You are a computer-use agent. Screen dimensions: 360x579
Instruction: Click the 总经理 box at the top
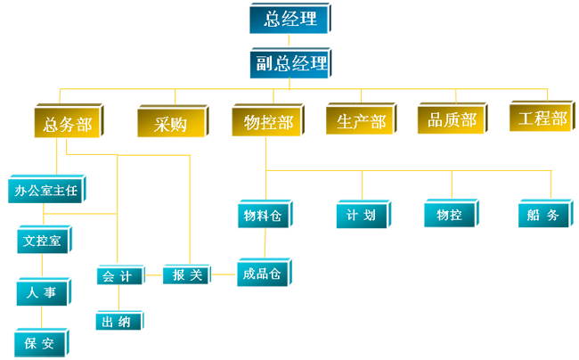[290, 20]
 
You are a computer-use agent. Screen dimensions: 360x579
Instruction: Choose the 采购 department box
[169, 124]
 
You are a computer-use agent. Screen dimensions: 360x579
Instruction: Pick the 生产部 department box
[362, 122]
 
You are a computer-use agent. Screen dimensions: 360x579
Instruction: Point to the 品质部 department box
[453, 120]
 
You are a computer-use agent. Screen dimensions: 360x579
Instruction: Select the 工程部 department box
[542, 119]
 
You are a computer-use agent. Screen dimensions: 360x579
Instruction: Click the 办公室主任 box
[46, 189]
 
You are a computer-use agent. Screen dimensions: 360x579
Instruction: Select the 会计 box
[117, 276]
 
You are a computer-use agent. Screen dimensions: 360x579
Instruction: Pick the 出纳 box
[117, 323]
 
